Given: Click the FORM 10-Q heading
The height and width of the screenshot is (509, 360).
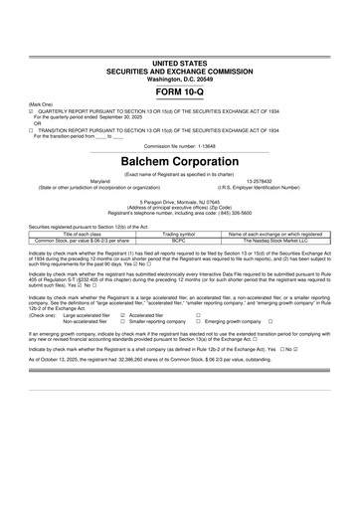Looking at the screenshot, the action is pos(179,90).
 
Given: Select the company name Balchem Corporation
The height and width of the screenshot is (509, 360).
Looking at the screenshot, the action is pos(179,159).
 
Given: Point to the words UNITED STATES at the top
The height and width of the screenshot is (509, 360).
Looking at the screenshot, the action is pos(179,63).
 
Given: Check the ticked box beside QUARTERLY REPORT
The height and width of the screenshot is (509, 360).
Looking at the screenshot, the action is pos(32,112).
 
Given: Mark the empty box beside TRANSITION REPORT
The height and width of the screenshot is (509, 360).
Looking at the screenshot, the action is pos(32,130).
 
